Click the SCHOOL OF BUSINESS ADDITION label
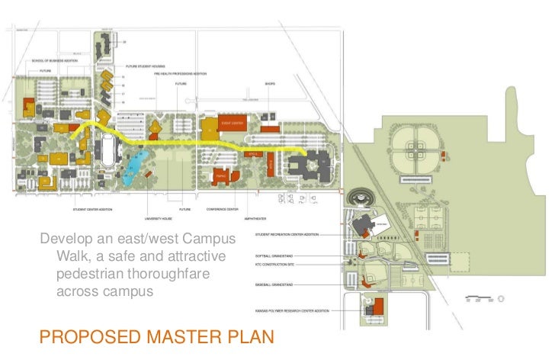pos(55,60)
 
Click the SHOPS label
pos(270,83)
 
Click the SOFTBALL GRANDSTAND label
pos(277,256)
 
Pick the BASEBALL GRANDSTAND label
pos(277,284)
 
